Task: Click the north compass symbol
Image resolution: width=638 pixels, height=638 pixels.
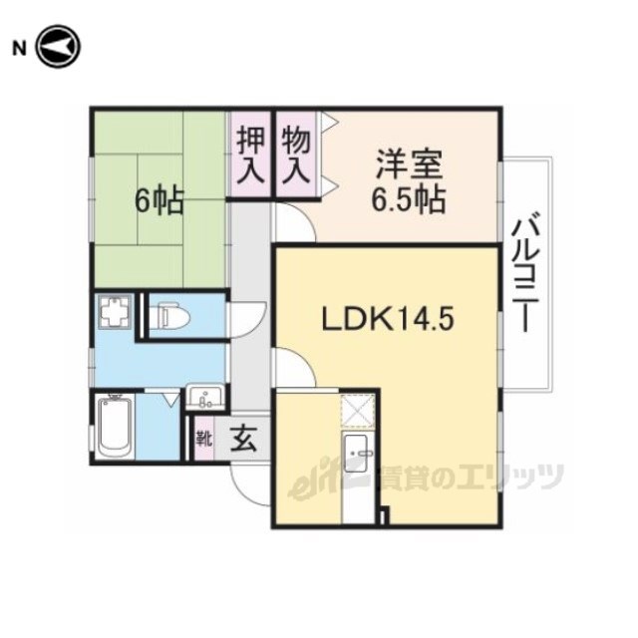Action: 59,47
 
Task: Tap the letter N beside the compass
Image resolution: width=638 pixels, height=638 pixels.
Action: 19,49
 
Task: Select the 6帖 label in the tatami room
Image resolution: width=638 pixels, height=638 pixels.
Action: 159,201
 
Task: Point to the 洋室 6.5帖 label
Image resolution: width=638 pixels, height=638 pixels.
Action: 409,181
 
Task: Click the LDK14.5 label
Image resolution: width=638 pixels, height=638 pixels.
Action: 388,318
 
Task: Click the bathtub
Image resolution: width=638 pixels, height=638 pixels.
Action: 116,427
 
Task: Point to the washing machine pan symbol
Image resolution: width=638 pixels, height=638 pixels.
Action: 116,311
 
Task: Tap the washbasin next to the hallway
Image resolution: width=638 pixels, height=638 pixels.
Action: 205,397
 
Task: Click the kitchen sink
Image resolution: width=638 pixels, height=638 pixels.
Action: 357,454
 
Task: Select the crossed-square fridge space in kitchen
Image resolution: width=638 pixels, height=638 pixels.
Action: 357,411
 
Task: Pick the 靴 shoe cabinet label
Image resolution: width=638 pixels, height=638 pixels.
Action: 203,439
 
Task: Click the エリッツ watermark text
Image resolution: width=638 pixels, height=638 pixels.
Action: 510,477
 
